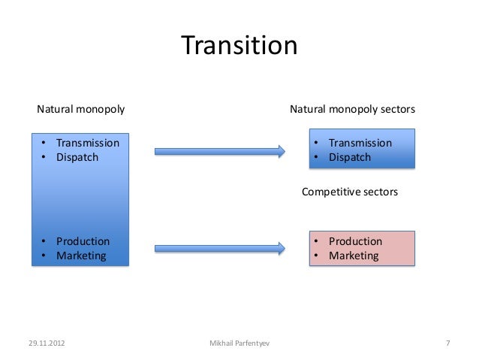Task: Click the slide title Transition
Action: (x=239, y=46)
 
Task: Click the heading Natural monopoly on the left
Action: (x=81, y=110)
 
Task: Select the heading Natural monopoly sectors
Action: (x=352, y=110)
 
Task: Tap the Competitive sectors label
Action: (x=349, y=192)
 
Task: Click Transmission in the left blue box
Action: (x=87, y=143)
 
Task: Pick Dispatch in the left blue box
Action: (x=77, y=157)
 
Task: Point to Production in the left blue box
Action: (x=83, y=241)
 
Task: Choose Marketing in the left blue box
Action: (x=81, y=256)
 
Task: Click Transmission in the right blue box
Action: (x=360, y=143)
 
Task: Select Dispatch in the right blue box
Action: (x=349, y=157)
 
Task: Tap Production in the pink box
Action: (x=355, y=241)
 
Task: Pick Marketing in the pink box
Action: (x=354, y=256)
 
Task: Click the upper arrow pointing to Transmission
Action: (x=219, y=151)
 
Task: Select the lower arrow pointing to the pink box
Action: (x=219, y=247)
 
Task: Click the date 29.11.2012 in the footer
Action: (x=46, y=344)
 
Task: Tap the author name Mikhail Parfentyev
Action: (x=239, y=344)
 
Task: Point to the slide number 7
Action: (x=447, y=344)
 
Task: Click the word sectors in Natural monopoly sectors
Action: (x=397, y=110)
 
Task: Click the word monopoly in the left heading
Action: (x=101, y=110)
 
